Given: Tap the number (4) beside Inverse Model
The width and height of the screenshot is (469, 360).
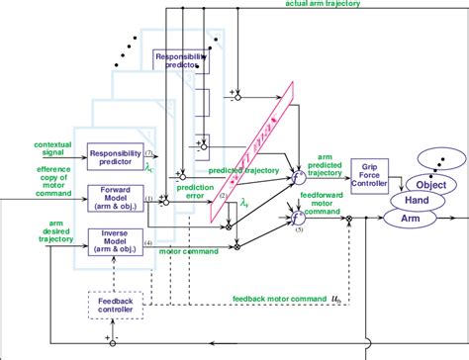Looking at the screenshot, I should (x=148, y=241).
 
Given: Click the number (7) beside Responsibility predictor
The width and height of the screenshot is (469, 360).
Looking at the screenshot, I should (x=148, y=153).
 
